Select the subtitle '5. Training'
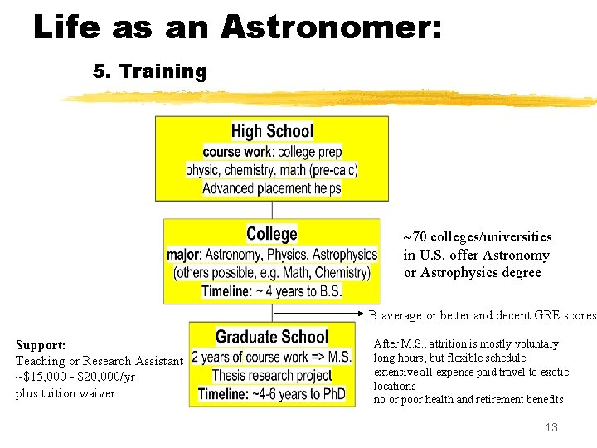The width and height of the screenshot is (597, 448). [149, 71]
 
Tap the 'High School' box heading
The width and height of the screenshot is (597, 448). [272, 131]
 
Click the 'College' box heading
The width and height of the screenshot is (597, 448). [272, 234]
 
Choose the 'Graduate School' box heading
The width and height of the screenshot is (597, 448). [272, 337]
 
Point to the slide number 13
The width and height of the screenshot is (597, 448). [551, 427]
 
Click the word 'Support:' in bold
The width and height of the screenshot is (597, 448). [41, 345]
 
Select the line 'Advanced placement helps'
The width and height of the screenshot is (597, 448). [272, 188]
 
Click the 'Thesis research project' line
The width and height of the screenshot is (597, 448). [271, 375]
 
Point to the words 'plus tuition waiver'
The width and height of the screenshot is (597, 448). [66, 393]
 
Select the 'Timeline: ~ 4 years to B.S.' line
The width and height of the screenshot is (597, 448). [272, 291]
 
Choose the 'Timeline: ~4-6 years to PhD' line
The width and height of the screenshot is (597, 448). [272, 393]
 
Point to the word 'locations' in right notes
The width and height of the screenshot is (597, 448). [395, 386]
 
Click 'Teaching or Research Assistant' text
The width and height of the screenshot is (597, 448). [99, 361]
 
